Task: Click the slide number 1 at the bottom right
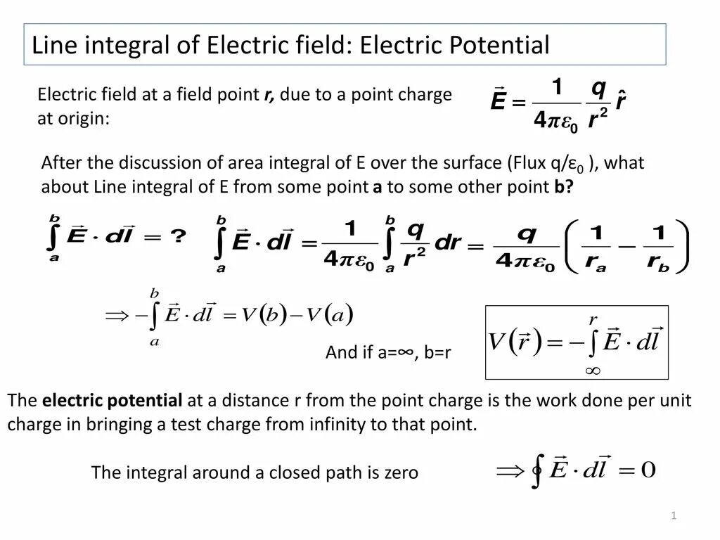674,517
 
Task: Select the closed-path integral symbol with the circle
538,471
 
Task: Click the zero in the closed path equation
648,470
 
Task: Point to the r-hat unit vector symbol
620,101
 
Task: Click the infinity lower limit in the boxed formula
592,370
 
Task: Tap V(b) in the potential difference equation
263,315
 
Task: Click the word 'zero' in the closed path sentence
401,473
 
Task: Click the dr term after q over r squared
447,243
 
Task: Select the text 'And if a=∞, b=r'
387,352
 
